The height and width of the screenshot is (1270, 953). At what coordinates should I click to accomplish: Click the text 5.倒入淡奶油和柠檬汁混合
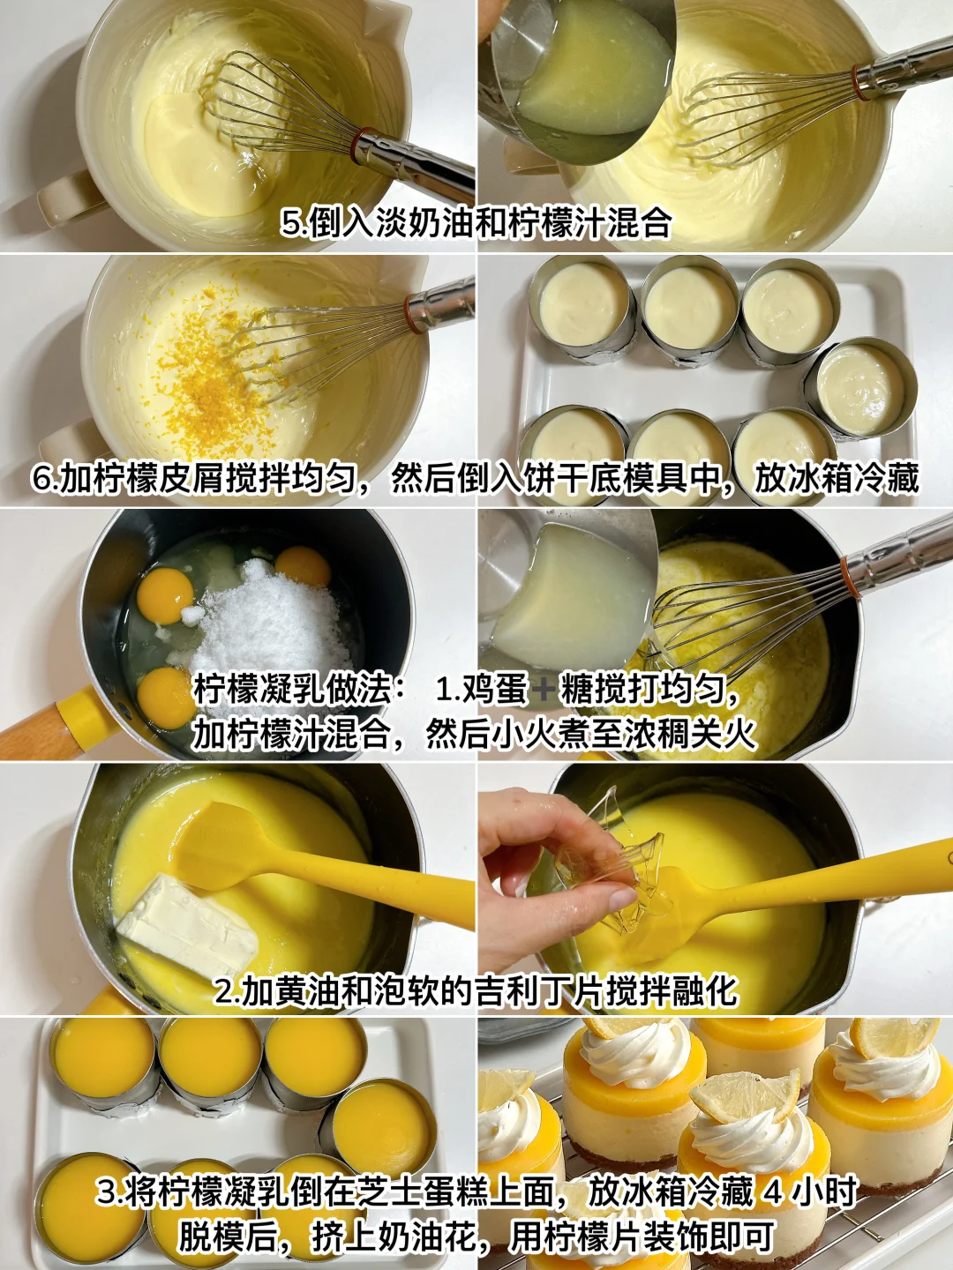tap(476, 223)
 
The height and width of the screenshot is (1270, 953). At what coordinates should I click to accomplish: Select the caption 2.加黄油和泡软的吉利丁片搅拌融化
tap(476, 991)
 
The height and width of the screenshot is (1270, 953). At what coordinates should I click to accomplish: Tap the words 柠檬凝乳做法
tap(292, 691)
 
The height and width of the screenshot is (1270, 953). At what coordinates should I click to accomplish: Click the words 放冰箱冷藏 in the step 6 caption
tap(837, 479)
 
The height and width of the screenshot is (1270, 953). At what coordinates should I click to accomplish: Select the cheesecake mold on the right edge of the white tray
tap(861, 389)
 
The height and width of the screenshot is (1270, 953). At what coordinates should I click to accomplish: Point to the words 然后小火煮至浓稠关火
tap(591, 735)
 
